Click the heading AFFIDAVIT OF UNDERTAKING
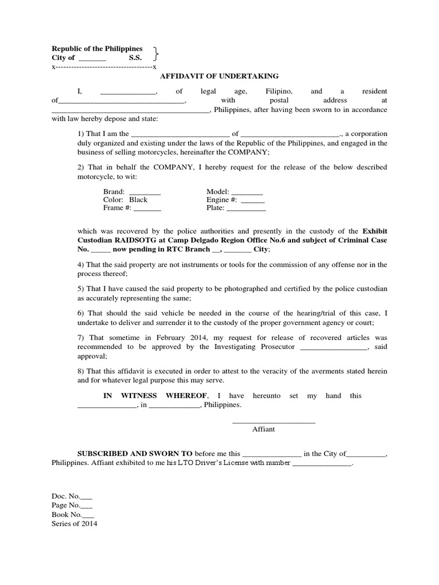tap(219, 76)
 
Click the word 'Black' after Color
tap(138, 200)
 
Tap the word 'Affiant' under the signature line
tap(264, 429)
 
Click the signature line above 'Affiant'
tap(273, 422)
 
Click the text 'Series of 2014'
tap(75, 524)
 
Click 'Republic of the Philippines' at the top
tap(97, 49)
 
